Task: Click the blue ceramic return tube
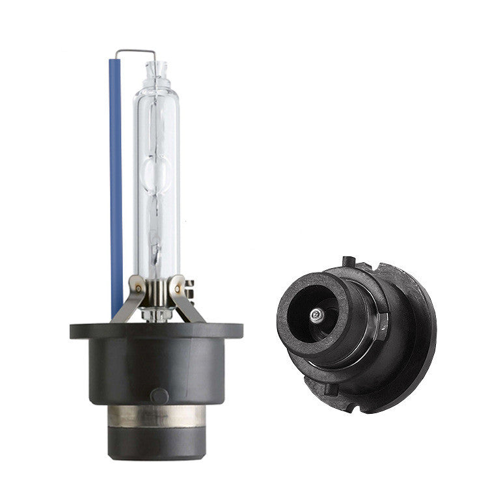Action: [x=115, y=182]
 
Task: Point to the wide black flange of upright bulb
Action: [x=156, y=330]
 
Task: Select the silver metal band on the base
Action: [x=156, y=416]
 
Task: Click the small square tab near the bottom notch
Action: [x=332, y=388]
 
